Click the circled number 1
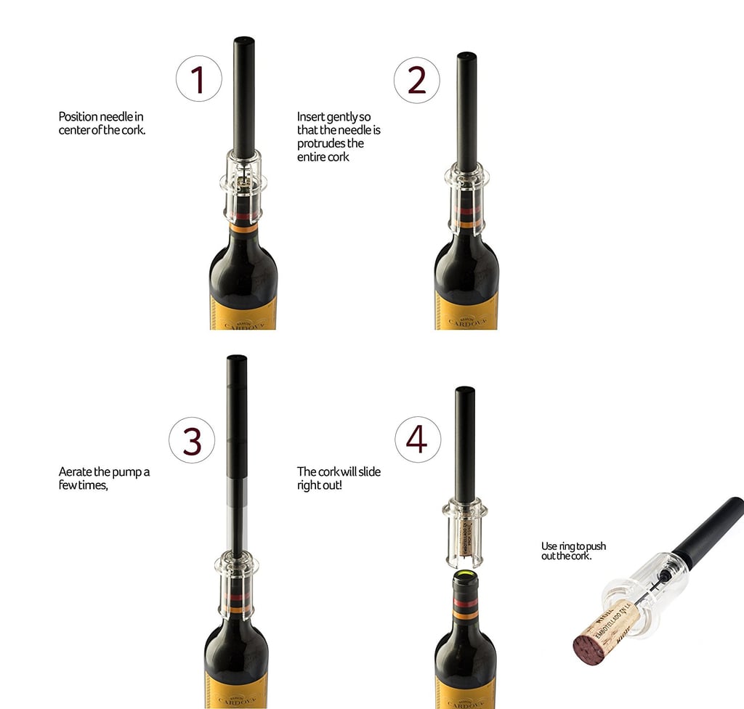198,80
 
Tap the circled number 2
416,80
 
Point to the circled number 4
417,439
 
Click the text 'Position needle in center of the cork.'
106,123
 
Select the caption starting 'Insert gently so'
339,137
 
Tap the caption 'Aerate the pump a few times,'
104,479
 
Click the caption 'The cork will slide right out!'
339,479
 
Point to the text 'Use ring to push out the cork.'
573,551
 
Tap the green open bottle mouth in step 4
465,578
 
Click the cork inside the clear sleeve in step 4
465,538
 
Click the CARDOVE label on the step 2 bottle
466,312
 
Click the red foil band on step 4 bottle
465,604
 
